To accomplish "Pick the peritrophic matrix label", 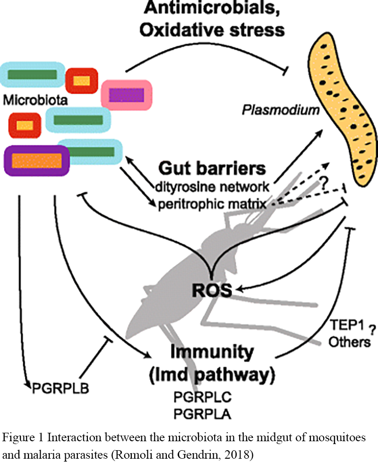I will (x=212, y=203).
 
